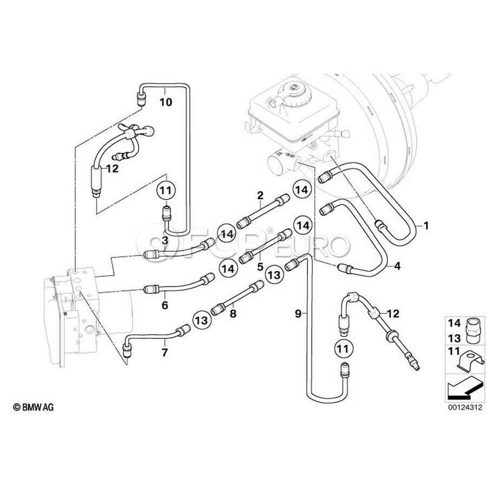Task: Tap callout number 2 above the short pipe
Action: [x=260, y=195]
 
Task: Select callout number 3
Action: [x=165, y=239]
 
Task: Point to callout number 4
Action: [x=397, y=266]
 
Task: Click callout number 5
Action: [x=260, y=266]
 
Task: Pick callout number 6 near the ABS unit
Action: [x=165, y=306]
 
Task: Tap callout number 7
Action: [x=165, y=352]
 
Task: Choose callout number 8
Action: [x=233, y=312]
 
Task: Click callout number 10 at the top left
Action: [x=166, y=102]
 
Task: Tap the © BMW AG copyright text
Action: [x=34, y=406]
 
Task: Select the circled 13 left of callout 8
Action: [x=201, y=321]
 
